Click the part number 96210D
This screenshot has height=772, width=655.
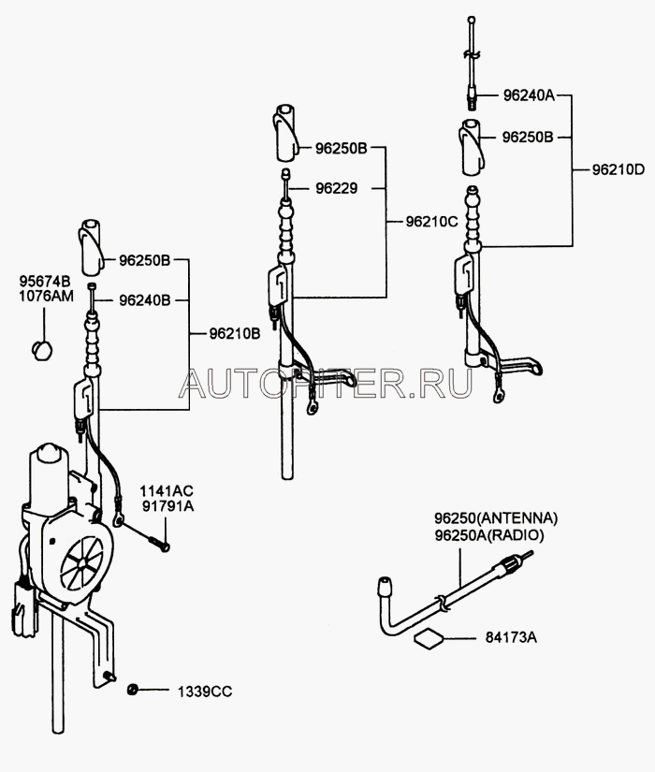[x=619, y=170]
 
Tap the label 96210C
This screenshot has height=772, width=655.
[x=432, y=222]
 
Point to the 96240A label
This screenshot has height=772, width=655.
[x=529, y=95]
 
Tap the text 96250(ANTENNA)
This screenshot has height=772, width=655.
[x=496, y=518]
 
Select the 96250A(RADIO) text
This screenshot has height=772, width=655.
[x=488, y=534]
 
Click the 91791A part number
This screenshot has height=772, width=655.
[x=167, y=506]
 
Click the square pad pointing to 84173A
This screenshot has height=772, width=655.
[x=429, y=639]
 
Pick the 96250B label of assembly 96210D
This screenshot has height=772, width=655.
[x=529, y=137]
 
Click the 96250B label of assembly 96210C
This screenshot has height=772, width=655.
[x=341, y=149]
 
